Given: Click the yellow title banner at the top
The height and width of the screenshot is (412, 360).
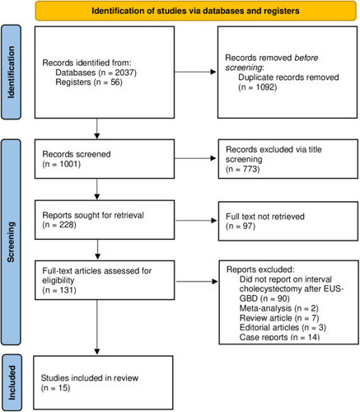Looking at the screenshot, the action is (x=196, y=11).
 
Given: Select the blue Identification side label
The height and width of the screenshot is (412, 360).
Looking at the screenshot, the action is (x=11, y=73).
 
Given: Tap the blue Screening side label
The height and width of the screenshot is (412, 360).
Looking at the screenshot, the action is (x=11, y=242).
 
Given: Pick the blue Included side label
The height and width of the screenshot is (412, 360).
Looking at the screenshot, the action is (x=12, y=382).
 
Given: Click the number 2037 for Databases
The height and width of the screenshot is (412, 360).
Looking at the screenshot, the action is (x=124, y=73).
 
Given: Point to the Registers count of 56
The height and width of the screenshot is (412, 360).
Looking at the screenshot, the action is (x=115, y=82).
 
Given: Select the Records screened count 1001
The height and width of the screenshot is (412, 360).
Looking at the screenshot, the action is (x=69, y=164).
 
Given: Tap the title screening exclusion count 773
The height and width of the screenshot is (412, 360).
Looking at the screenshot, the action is (x=250, y=169).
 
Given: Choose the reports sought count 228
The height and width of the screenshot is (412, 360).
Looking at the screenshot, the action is (x=67, y=225).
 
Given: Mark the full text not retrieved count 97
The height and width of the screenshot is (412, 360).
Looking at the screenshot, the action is (x=248, y=226).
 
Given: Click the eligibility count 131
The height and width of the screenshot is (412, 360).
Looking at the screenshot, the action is (x=67, y=290).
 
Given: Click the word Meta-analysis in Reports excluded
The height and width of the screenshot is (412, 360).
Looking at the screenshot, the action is (x=265, y=308).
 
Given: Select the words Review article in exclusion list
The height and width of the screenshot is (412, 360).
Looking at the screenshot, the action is (x=265, y=318).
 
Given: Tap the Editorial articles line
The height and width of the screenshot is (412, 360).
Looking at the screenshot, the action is (x=283, y=327).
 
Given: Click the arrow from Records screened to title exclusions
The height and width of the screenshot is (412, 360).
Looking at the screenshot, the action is (x=195, y=158).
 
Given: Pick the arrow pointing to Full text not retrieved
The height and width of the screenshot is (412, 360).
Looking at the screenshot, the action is (x=196, y=220).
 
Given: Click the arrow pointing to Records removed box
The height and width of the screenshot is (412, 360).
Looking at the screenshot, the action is (x=195, y=72).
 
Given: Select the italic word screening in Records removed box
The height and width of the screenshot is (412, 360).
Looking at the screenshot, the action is (x=244, y=68).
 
